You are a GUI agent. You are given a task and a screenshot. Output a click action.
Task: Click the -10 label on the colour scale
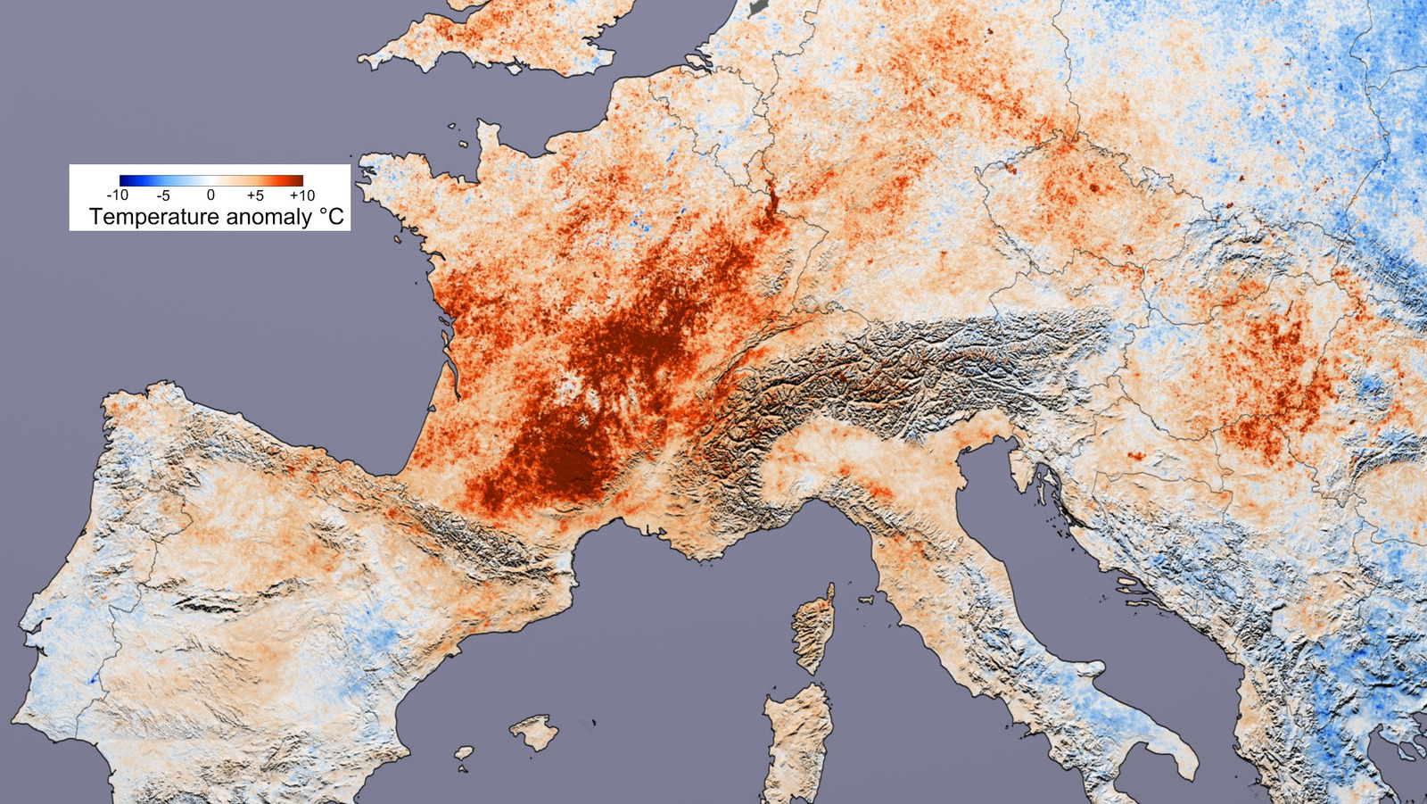click(x=118, y=195)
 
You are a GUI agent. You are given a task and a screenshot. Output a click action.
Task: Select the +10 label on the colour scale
click(x=301, y=195)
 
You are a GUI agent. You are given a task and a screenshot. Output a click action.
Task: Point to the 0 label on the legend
click(x=210, y=195)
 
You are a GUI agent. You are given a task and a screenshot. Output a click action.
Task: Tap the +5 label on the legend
click(x=255, y=195)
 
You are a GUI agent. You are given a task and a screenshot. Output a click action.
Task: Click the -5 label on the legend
click(x=163, y=195)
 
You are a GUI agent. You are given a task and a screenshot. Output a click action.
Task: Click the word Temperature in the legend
click(x=154, y=217)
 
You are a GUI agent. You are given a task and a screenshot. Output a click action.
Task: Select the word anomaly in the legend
click(x=268, y=217)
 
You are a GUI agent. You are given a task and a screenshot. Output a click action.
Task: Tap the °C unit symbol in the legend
click(x=331, y=217)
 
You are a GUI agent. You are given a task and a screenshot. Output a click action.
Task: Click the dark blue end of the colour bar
click(x=125, y=180)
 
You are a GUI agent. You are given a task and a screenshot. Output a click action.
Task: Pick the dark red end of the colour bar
click(x=298, y=180)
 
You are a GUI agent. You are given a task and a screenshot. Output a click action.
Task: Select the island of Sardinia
click(x=798, y=741)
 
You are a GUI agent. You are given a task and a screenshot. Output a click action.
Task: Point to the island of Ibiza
click(x=464, y=754)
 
